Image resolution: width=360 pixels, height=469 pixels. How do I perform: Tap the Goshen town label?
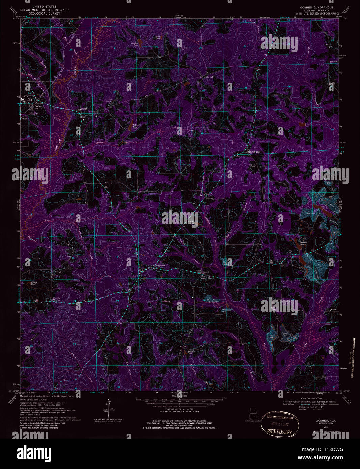pyautogui.click(x=38, y=106)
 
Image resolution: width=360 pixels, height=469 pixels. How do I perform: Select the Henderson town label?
pyautogui.click(x=160, y=266)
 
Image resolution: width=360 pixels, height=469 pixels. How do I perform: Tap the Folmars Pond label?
pyautogui.click(x=135, y=126)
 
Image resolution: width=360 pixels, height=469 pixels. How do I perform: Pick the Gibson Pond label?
pyautogui.click(x=33, y=283)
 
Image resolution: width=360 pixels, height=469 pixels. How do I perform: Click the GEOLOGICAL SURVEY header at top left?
pyautogui.click(x=44, y=13)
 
